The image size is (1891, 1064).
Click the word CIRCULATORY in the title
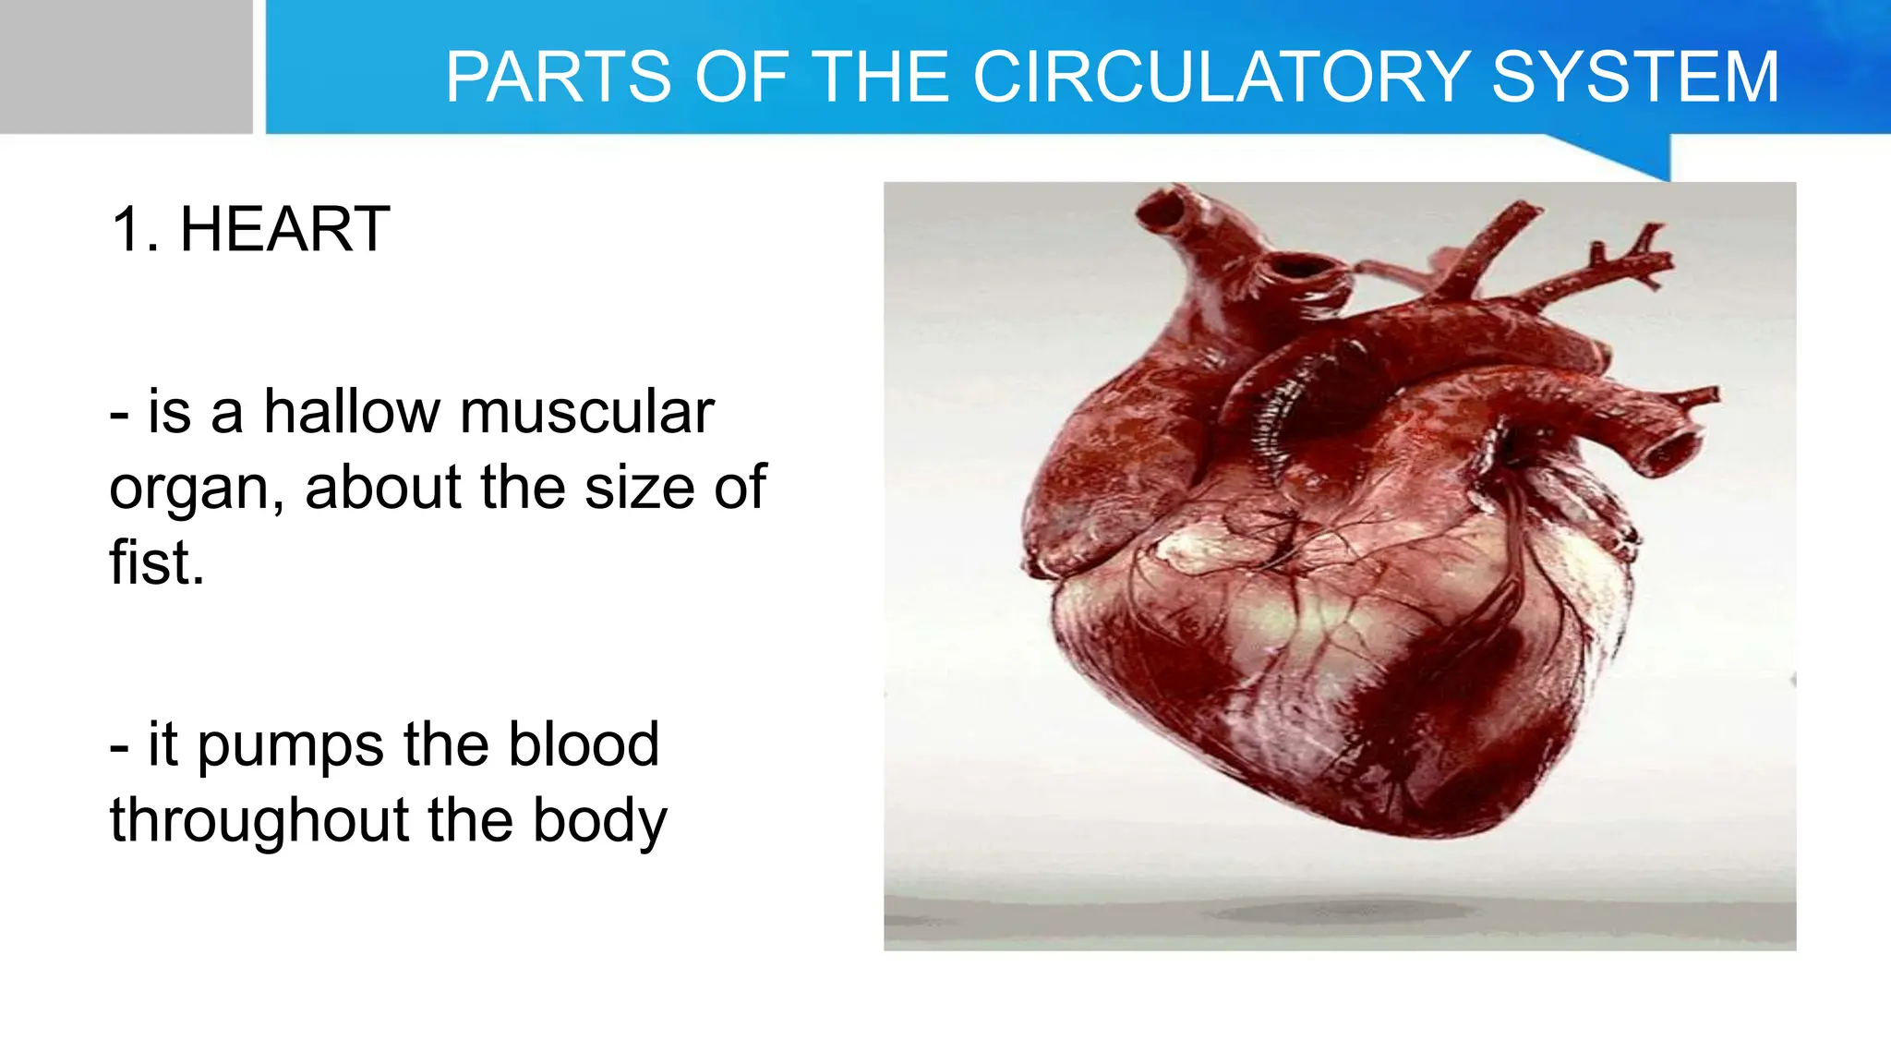[1221, 77]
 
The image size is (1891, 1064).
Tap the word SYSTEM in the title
[1635, 77]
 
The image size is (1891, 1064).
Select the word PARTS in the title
[558, 77]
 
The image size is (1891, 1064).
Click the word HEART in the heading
[284, 229]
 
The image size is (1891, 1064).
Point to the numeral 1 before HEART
[126, 229]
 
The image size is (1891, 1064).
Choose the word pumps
[290, 746]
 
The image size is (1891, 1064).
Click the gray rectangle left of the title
[126, 66]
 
